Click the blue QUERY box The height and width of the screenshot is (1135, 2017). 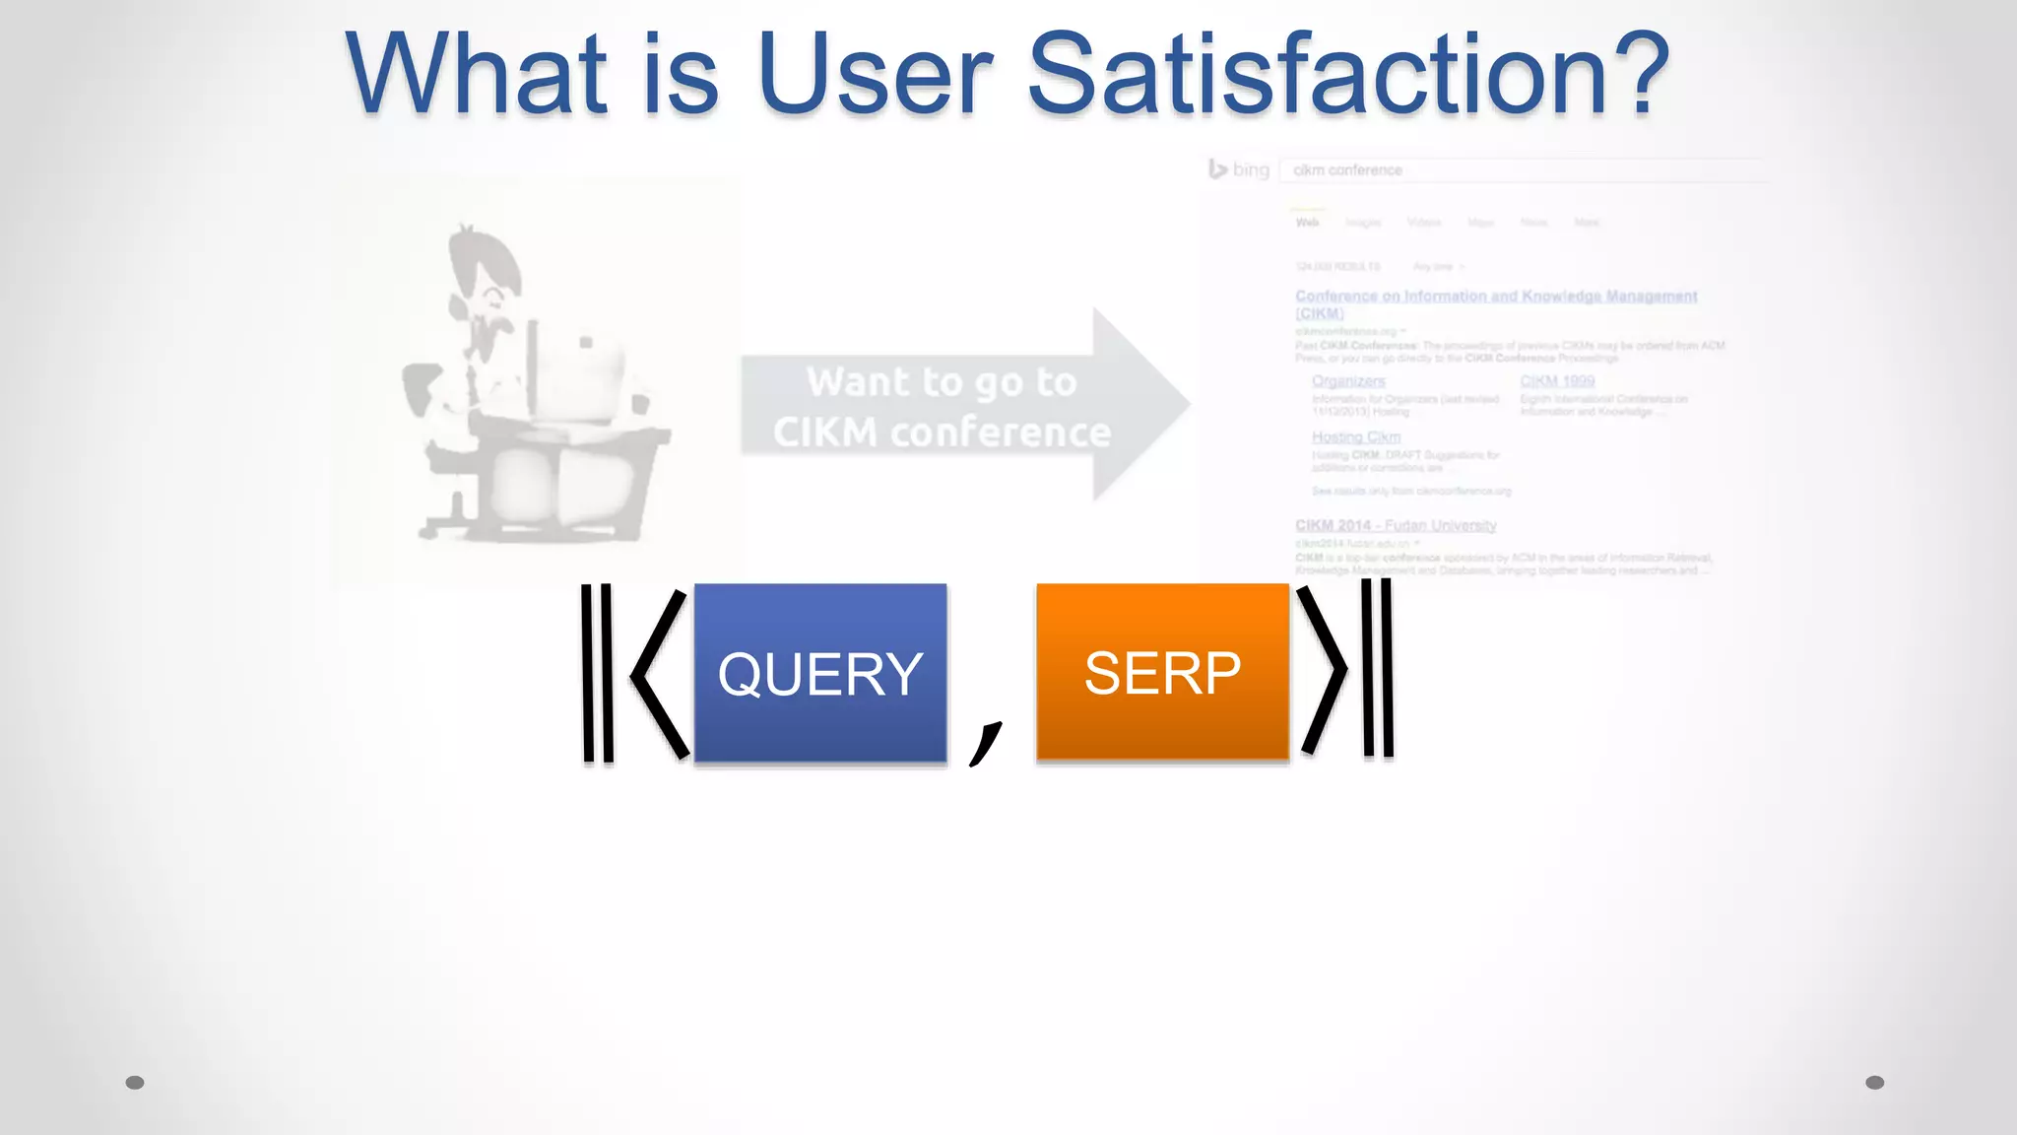tap(820, 673)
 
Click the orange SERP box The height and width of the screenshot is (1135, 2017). tap(1162, 673)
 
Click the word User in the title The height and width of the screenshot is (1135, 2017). tap(876, 74)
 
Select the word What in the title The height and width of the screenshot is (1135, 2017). tap(477, 74)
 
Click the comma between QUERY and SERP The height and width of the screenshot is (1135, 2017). tap(985, 741)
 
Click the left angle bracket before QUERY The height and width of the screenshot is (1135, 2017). tap(658, 674)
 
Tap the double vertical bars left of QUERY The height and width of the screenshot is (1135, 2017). tap(597, 674)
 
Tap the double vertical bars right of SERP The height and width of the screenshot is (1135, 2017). tap(1378, 668)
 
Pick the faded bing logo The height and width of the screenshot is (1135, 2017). tap(1239, 169)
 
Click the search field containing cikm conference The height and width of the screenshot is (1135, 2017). tap(1517, 170)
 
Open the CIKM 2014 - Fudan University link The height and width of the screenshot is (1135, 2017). tap(1396, 525)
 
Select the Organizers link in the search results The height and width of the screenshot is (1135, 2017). tap(1348, 381)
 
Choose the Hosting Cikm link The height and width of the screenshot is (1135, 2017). tap(1356, 436)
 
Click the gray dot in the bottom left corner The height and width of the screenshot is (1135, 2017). tap(135, 1083)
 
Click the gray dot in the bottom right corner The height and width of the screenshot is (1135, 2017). tap(1875, 1083)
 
